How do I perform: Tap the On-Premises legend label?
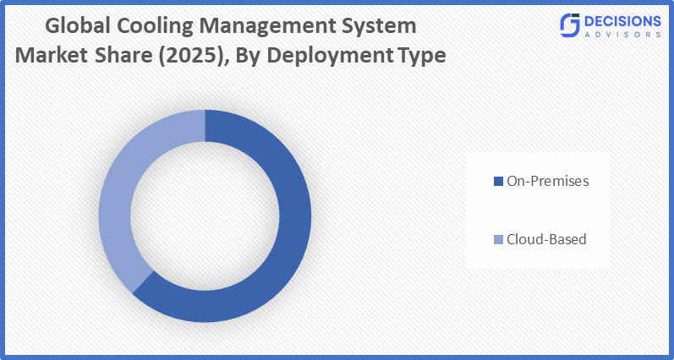pos(546,181)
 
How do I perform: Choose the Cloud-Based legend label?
pos(545,239)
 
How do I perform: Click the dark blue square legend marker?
pos(498,181)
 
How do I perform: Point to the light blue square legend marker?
pos(498,240)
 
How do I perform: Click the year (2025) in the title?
pos(208,56)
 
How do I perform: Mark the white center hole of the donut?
pos(205,215)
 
